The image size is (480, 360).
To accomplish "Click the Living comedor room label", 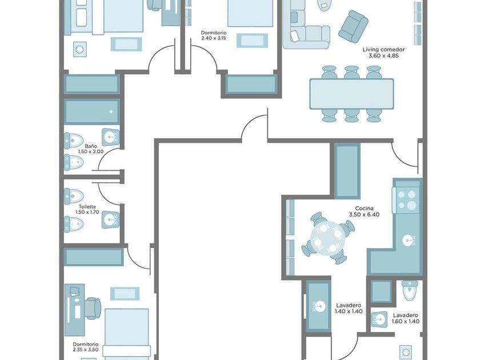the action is point(383,49).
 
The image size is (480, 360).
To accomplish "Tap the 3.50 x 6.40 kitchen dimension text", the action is point(364,215).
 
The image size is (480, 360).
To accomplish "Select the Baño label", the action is point(91,146).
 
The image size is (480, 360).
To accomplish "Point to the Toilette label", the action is point(87,207).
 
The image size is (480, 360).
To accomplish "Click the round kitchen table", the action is point(328,238).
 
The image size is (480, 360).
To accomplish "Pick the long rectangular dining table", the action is point(351,94).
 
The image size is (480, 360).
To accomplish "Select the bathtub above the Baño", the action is point(91,112).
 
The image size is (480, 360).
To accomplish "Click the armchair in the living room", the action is point(353,27).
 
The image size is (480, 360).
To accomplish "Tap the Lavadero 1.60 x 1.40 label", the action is point(406,318).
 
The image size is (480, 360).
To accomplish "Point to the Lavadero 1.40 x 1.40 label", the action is point(349,308).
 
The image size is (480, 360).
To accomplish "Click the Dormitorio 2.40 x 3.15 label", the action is point(214,35).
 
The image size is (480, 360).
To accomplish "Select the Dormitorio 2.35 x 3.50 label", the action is point(86,347).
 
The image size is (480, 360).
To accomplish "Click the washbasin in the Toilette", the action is point(110,219).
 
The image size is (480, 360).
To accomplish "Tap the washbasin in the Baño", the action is point(110,137).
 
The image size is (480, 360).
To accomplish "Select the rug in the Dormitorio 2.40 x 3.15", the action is point(252,41).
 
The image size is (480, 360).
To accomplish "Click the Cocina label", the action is point(364,209).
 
